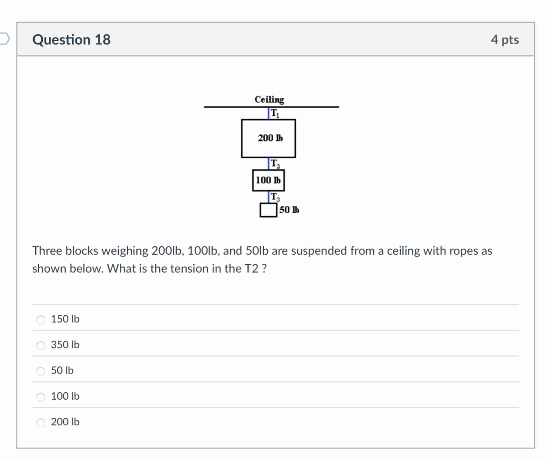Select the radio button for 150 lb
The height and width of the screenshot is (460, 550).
[x=41, y=320]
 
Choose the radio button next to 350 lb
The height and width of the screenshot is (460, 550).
[x=41, y=345]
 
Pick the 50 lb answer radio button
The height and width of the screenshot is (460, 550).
[x=41, y=371]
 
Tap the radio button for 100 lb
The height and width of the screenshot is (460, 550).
[x=41, y=397]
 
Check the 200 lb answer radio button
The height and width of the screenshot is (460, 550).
[x=41, y=423]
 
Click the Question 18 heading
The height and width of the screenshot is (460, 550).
[x=71, y=40]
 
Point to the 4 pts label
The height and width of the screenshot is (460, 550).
[x=505, y=40]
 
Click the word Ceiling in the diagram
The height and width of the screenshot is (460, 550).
[x=269, y=99]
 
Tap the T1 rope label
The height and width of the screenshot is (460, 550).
[x=275, y=113]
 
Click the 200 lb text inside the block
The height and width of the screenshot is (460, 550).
[x=270, y=138]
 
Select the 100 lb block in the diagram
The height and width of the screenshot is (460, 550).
[x=269, y=181]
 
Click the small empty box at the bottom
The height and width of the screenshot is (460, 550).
[x=269, y=210]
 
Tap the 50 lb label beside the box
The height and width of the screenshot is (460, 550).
[x=289, y=210]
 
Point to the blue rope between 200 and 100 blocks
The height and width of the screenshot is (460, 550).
[x=269, y=164]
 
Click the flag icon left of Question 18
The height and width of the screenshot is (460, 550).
[x=4, y=39]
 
